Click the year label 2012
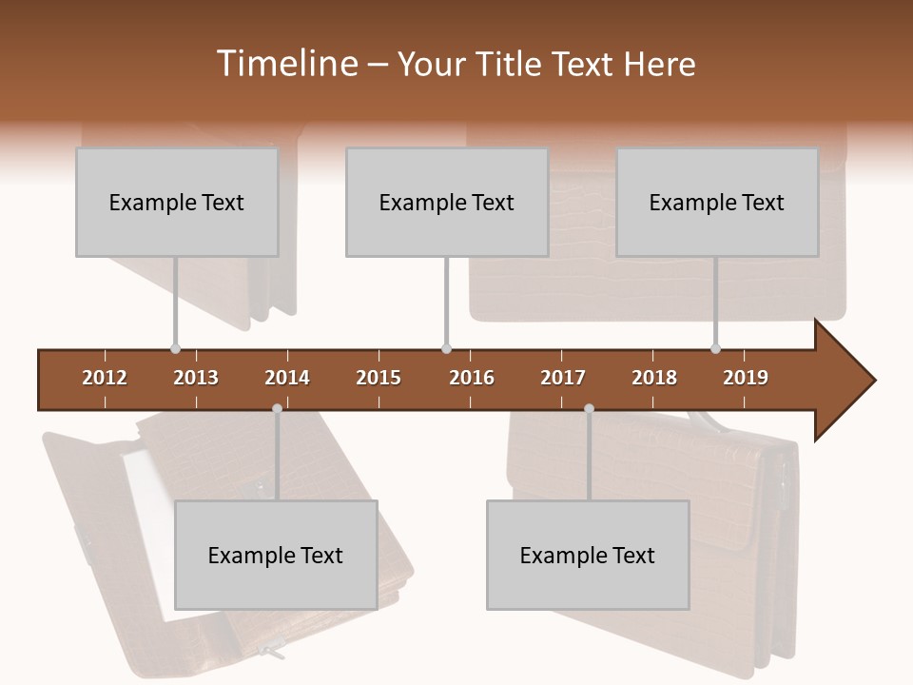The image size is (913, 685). pos(105,378)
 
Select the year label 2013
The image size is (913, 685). pos(196,378)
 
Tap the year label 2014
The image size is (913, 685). pos(287,378)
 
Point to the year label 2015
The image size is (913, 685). pos(379,378)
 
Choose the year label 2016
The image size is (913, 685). pos(472,378)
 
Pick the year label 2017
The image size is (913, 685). pos(563,378)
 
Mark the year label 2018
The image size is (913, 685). pos(654,378)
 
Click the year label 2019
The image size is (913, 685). pos(746,378)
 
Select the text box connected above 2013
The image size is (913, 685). pos(177,202)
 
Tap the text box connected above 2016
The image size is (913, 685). pos(447,202)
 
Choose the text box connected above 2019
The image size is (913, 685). pos(717,202)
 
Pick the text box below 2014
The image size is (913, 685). pos(276,555)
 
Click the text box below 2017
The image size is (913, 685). pos(588,555)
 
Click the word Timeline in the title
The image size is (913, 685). pos(286,64)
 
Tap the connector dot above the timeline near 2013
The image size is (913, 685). pos(175,349)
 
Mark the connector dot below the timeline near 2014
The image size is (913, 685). pos(277,409)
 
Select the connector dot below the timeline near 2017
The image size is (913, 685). pos(589,409)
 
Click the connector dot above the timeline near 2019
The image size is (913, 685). pos(715,349)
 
